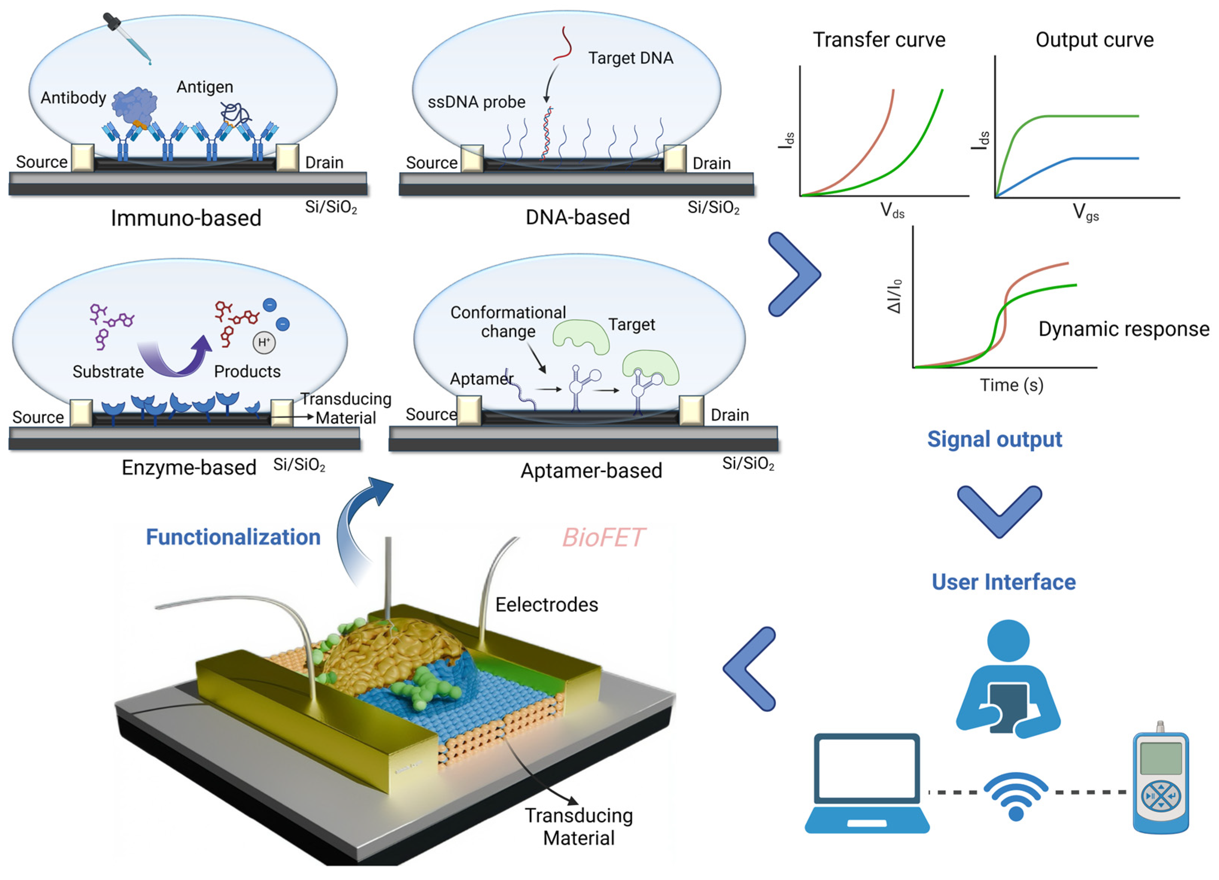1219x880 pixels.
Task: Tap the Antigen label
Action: [x=205, y=87]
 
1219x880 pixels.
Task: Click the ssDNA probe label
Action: [x=476, y=102]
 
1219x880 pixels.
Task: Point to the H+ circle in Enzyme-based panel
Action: [x=264, y=342]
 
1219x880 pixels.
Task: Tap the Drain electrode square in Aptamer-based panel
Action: [x=691, y=411]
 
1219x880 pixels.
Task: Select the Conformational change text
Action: [x=508, y=321]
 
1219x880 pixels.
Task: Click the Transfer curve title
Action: [x=879, y=40]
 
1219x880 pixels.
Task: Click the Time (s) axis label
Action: [x=1011, y=385]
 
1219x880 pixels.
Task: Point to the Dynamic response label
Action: [x=1123, y=329]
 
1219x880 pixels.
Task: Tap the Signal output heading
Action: [x=994, y=439]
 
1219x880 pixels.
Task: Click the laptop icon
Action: [x=867, y=783]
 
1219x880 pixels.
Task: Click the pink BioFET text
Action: [x=603, y=538]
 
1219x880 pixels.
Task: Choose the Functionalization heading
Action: [x=233, y=537]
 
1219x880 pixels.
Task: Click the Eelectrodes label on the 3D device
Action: [x=546, y=605]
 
